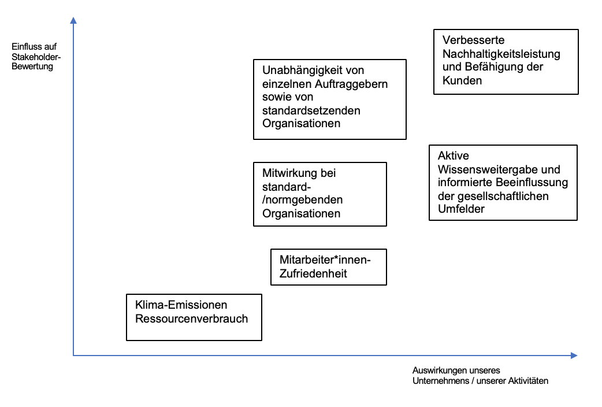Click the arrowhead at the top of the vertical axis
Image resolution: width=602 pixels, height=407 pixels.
click(73, 20)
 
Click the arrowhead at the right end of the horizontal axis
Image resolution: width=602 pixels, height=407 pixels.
click(574, 356)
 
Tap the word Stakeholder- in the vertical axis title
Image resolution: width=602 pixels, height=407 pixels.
click(36, 57)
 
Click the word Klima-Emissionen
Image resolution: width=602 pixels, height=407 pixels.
click(181, 305)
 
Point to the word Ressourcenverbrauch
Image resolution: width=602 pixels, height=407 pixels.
click(192, 319)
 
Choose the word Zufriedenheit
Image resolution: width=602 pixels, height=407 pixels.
click(313, 273)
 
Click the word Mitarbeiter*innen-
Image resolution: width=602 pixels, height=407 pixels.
click(325, 260)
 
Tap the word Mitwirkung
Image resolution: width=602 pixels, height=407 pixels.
click(290, 173)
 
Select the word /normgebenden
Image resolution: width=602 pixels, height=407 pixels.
click(303, 200)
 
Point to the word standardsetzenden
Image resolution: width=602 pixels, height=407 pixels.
click(311, 110)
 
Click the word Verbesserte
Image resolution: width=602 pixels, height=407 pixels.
click(473, 40)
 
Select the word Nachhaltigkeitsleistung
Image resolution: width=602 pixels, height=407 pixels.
click(501, 54)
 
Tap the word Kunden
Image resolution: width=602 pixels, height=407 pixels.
click(462, 81)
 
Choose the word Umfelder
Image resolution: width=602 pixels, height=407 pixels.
click(461, 209)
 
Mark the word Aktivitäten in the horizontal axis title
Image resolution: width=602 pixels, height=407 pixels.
click(528, 381)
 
